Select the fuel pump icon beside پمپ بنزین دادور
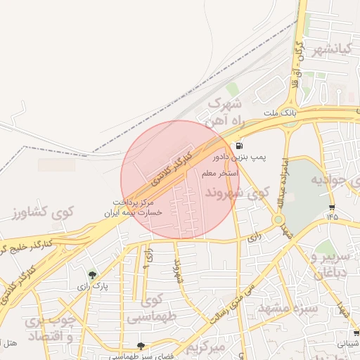point(231,146)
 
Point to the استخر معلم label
point(219,172)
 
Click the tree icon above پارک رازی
point(92,275)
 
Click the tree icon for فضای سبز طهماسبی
point(141,346)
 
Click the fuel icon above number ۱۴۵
point(331,207)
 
